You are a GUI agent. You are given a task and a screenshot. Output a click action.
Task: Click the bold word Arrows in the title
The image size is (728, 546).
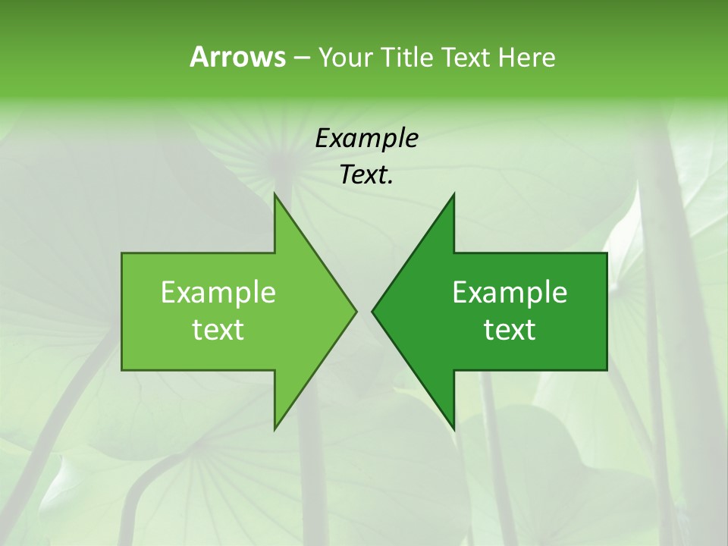[237, 57]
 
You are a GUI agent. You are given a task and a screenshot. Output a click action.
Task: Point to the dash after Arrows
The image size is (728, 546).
[301, 58]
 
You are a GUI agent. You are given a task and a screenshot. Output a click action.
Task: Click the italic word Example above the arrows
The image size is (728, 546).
[366, 138]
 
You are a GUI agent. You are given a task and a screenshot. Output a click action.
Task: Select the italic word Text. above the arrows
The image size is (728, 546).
[366, 175]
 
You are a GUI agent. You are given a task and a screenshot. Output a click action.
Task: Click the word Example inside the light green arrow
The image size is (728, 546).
[218, 292]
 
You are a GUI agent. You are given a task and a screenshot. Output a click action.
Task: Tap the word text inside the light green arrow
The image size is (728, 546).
[218, 329]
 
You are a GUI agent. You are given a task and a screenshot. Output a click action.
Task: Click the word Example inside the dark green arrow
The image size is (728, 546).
[510, 292]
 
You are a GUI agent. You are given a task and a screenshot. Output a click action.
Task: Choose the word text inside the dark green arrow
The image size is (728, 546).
[510, 329]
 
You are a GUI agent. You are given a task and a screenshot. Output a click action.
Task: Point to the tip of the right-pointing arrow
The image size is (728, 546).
[356, 311]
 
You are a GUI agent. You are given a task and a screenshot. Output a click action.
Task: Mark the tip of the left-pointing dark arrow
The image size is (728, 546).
[372, 311]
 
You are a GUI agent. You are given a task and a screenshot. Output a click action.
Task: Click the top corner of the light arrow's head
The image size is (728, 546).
[275, 194]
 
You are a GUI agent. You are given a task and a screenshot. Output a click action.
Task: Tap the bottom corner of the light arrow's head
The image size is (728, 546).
[275, 428]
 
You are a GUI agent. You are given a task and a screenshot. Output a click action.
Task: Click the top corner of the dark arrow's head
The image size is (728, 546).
[453, 194]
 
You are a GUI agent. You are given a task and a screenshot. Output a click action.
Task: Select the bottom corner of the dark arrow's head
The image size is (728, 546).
[453, 428]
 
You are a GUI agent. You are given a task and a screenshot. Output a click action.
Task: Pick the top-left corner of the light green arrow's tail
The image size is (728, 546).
[122, 253]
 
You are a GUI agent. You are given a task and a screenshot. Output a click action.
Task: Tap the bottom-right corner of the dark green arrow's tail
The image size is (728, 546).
[607, 370]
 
